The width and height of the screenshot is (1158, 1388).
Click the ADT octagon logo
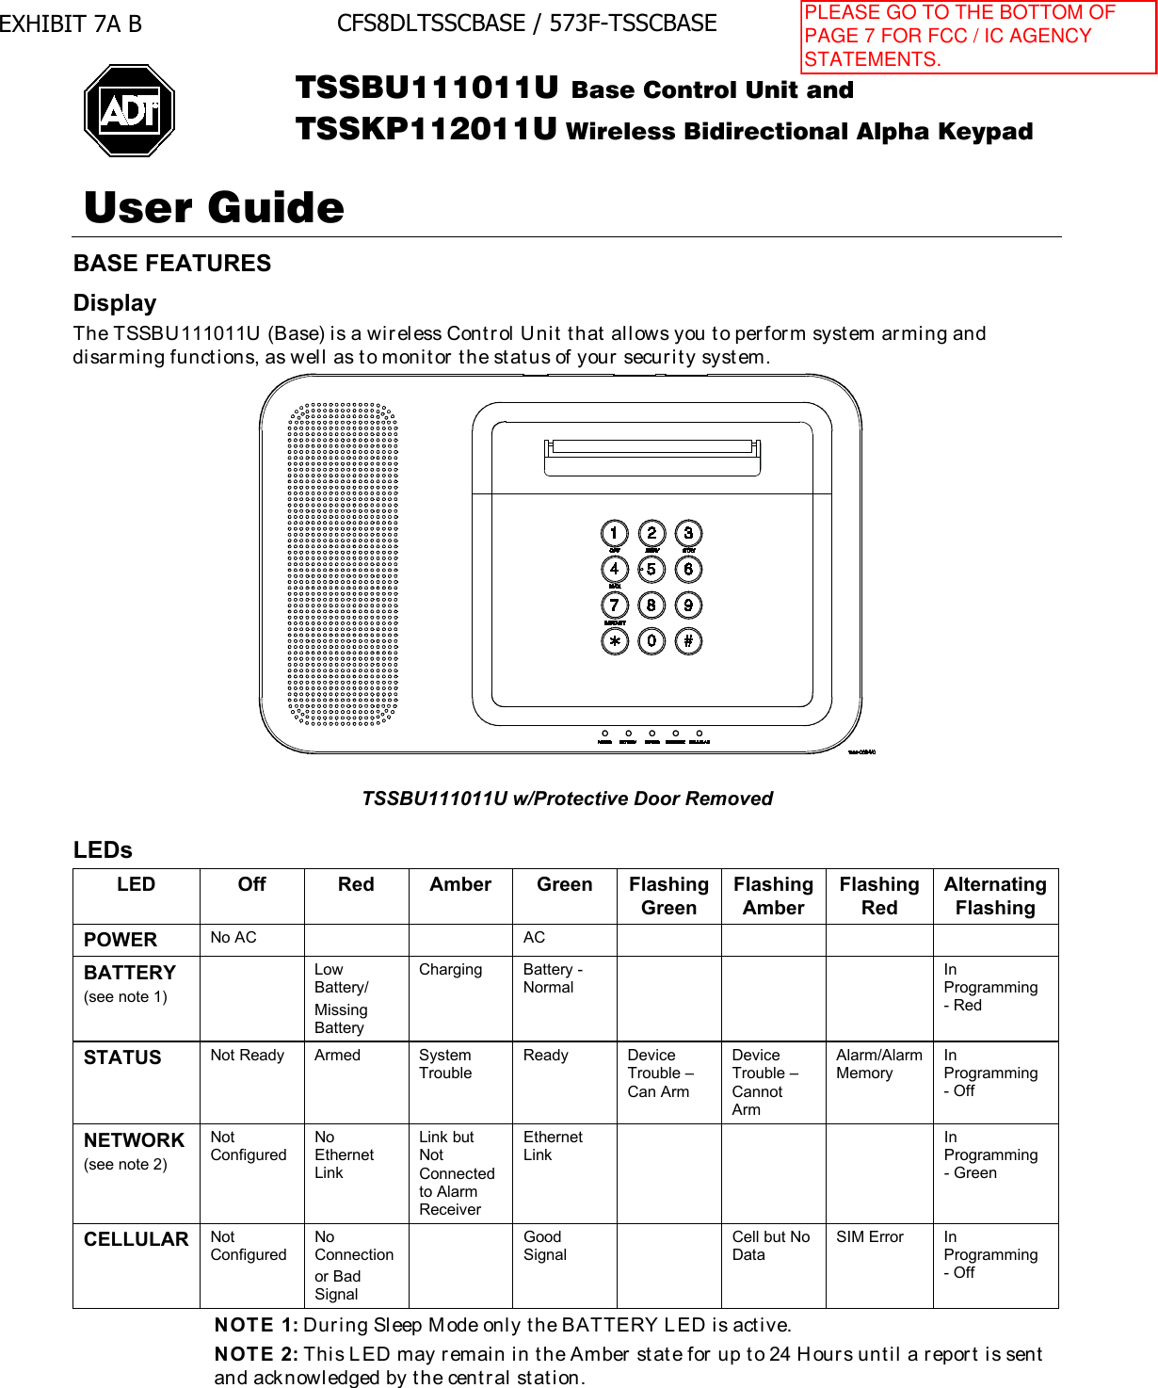[x=130, y=110]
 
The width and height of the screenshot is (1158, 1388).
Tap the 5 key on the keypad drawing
[x=651, y=569]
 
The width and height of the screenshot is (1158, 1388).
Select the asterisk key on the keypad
[x=614, y=641]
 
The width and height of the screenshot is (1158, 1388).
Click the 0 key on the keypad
[x=651, y=641]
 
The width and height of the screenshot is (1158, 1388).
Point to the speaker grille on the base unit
[x=343, y=564]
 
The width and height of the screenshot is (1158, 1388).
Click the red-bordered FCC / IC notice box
[x=978, y=37]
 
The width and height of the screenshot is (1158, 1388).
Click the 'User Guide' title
[x=215, y=207]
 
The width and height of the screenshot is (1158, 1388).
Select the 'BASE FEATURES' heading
[x=172, y=264]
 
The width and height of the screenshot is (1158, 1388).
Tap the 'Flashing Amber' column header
[x=773, y=896]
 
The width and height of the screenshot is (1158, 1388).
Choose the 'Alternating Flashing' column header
[x=995, y=896]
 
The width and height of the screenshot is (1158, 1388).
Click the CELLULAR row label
[x=137, y=1239]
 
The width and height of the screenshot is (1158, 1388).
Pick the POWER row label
[x=121, y=940]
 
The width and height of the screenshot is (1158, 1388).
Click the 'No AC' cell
[x=233, y=938]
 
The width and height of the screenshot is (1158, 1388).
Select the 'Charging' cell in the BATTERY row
[x=450, y=970]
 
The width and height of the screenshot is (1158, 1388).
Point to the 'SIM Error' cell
[x=870, y=1236]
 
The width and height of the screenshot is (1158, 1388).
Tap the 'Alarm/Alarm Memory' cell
[x=878, y=1064]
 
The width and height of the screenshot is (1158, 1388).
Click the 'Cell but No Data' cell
[x=771, y=1246]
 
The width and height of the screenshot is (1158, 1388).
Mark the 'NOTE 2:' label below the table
[x=256, y=1354]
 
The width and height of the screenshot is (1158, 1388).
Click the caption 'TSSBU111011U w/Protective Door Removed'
[x=568, y=799]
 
